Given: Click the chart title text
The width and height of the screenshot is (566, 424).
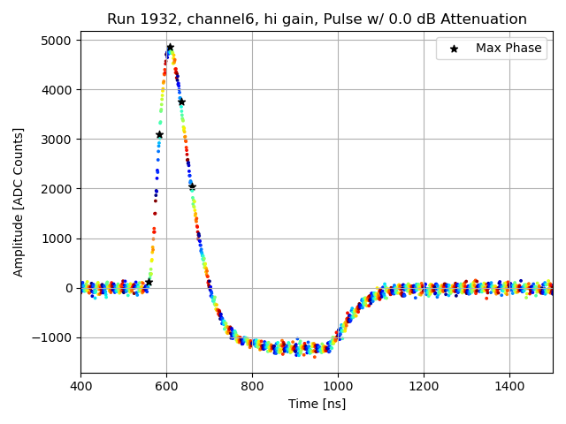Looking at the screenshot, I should pos(317,19).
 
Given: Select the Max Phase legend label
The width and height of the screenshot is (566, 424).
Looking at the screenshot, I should pos(509,49).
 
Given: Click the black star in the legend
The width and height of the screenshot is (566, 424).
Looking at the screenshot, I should pos(454,49).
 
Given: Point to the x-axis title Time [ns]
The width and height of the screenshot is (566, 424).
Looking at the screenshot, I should pos(317,404).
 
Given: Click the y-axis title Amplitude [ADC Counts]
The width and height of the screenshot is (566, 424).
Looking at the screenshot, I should pos(19,201).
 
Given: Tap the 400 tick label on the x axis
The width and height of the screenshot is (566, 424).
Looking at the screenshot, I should pos(80,386).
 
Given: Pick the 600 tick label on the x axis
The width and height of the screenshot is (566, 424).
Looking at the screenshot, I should pos(166,386).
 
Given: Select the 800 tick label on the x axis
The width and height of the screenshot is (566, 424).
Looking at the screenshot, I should pos(252,386).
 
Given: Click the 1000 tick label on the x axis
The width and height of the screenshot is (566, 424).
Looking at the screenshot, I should pos(338,386).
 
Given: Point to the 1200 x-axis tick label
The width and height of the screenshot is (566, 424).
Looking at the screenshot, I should pos(424,386).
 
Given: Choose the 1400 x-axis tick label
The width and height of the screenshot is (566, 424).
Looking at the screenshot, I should pos(509,386).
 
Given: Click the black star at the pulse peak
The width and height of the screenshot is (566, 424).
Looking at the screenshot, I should pos(170,48).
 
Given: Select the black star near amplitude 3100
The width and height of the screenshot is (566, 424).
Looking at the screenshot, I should pos(159,134).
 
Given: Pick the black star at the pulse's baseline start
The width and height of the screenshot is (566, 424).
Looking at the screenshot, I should pos(149,282).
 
